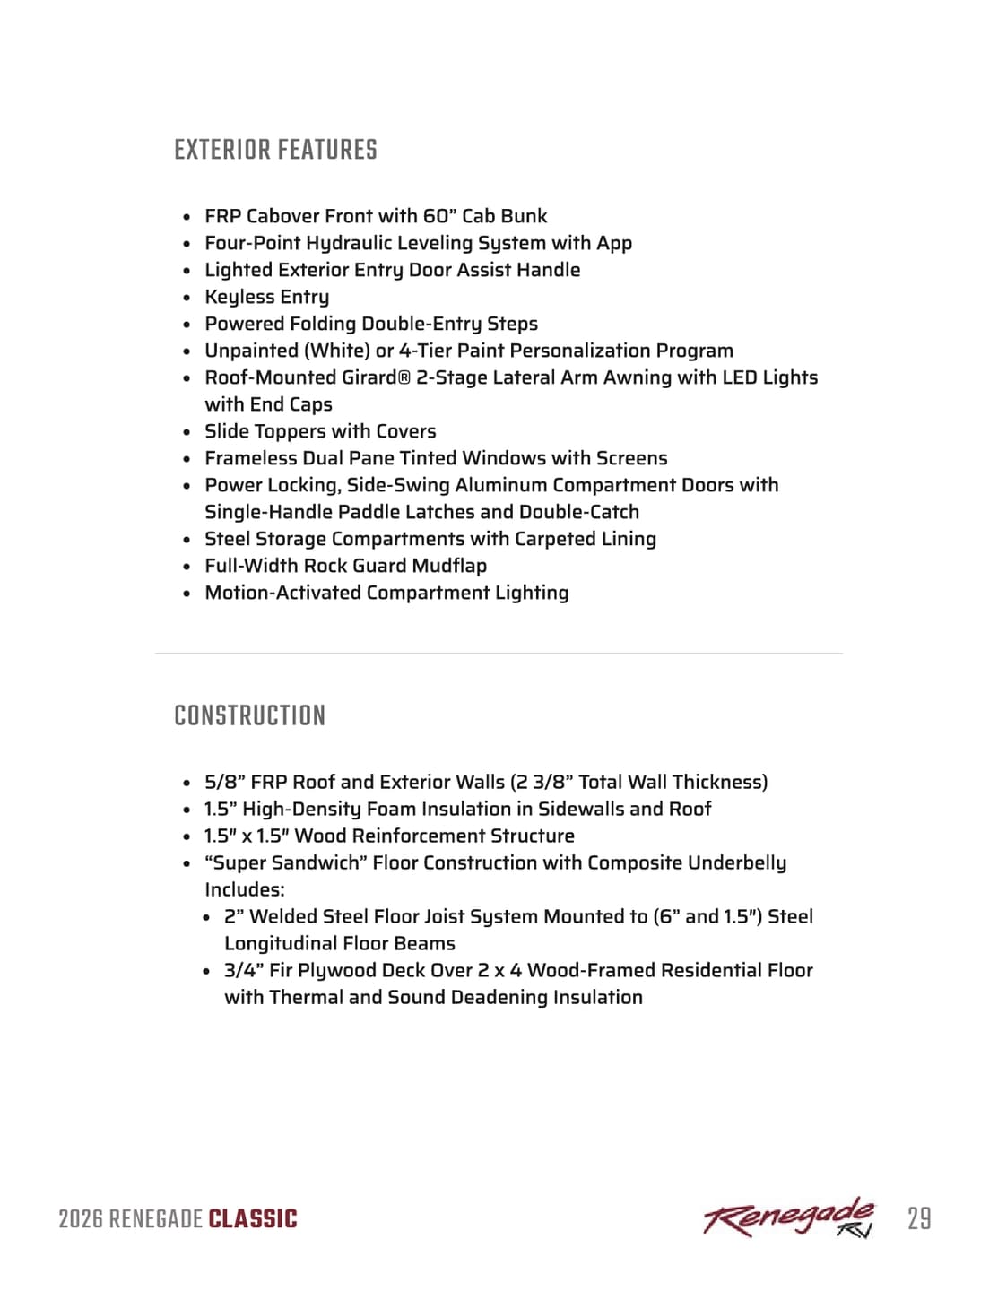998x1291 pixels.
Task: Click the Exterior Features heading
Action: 275,150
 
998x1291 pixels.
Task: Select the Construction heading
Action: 249,715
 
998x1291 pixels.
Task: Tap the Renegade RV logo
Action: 788,1217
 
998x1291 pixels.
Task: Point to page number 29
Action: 919,1218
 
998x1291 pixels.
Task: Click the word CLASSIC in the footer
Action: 253,1219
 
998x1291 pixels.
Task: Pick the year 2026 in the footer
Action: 80,1219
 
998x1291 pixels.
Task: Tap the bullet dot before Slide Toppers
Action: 187,432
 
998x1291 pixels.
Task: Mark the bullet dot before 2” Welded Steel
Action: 206,917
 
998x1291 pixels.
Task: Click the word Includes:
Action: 245,889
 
